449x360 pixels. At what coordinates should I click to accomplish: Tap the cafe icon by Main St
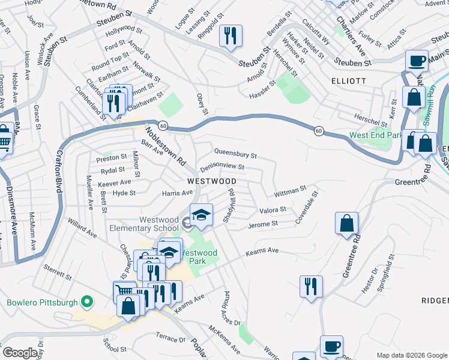tap(417, 61)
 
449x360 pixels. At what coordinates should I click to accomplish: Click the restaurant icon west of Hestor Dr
tap(311, 286)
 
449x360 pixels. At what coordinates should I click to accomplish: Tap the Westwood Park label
tap(199, 257)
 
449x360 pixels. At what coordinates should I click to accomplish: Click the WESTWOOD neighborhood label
tap(211, 181)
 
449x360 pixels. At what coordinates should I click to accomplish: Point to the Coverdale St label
tap(306, 208)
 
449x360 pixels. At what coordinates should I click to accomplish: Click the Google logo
tap(20, 353)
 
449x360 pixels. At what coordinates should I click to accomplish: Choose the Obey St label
tap(203, 104)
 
